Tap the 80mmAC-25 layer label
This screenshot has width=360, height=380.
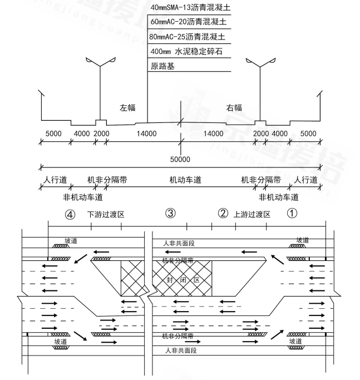point(189,37)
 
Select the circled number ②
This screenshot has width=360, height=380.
point(223,213)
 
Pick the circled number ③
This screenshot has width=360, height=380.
point(171,213)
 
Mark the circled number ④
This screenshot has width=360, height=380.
point(70,214)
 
